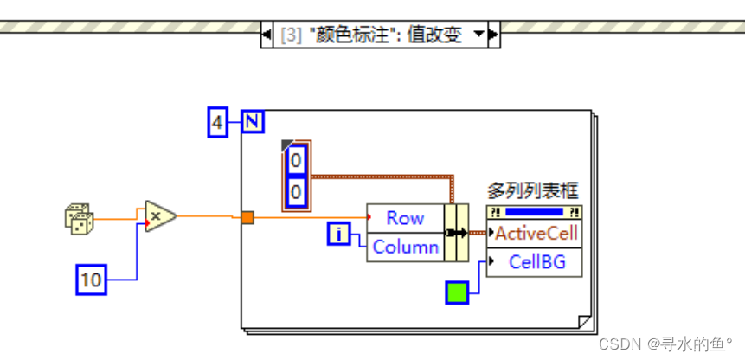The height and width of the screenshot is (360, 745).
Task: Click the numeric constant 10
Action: click(x=91, y=279)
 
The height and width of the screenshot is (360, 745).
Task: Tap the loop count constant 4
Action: click(x=218, y=123)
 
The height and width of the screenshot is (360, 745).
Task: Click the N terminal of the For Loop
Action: click(x=252, y=122)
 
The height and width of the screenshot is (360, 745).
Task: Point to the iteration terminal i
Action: click(x=339, y=232)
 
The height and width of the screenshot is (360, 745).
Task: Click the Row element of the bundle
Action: click(x=404, y=218)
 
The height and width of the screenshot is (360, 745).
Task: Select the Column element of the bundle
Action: click(x=405, y=247)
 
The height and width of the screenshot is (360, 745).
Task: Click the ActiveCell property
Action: click(x=536, y=233)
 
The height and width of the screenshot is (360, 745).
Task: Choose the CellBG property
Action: click(x=537, y=260)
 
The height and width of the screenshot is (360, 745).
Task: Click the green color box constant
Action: click(x=456, y=292)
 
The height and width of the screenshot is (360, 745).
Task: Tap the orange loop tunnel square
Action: click(x=247, y=218)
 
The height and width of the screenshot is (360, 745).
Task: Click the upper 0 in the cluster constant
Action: click(x=296, y=161)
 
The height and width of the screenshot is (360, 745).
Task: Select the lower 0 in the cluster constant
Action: click(x=296, y=191)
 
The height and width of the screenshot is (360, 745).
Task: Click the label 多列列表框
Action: click(x=532, y=191)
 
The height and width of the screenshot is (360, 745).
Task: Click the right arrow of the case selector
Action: click(x=493, y=35)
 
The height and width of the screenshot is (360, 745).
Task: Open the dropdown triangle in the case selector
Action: click(x=478, y=35)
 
